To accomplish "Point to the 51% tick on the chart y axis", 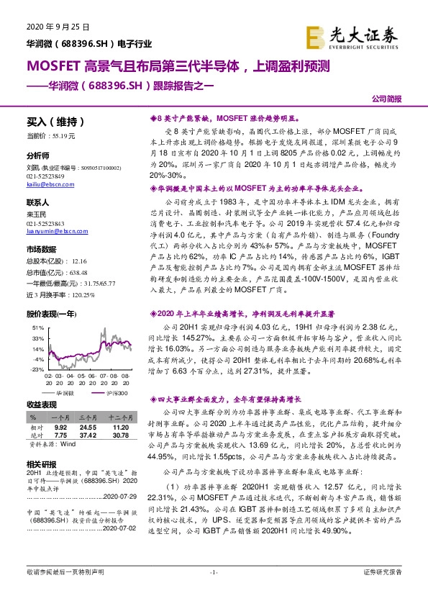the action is (x=37, y=327).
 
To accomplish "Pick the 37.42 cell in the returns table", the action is (x=88, y=435).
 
